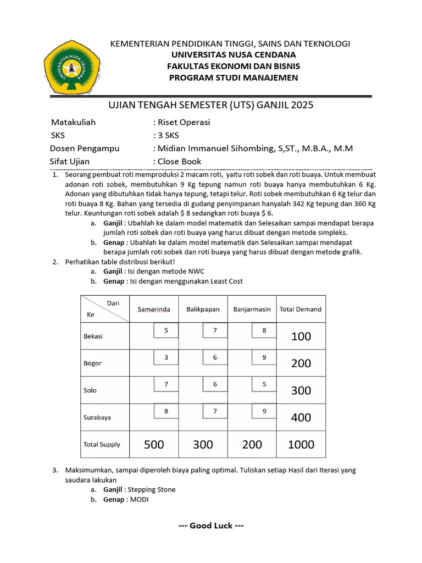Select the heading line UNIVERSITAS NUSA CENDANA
234,54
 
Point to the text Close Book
179,161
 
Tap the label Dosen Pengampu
85,148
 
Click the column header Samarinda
153,309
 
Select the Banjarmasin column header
252,309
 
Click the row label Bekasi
93,336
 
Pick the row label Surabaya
97,417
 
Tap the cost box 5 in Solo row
264,384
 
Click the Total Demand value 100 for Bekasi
301,336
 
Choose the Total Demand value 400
301,417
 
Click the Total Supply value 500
154,444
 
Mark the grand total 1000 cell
301,444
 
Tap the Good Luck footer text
211,526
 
